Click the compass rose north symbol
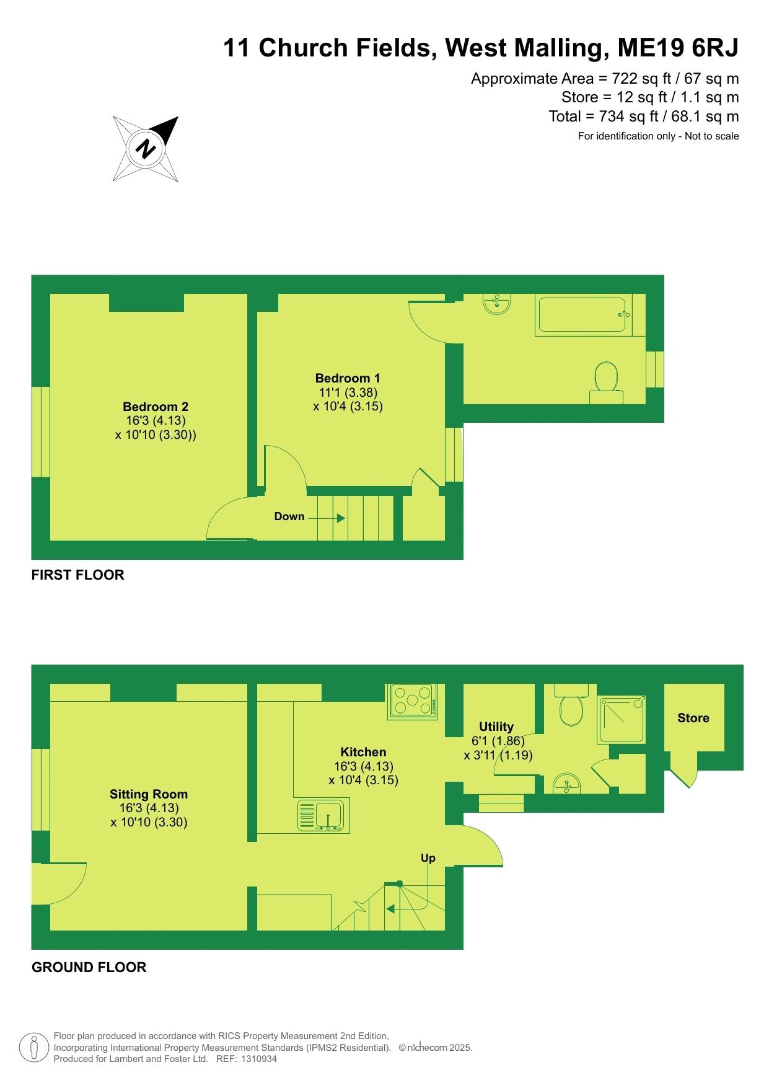click(146, 149)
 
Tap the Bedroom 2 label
click(156, 407)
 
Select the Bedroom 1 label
click(348, 378)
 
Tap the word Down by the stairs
click(289, 516)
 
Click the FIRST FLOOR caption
click(78, 575)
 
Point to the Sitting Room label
click(149, 794)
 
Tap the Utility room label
click(496, 727)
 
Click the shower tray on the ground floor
click(622, 720)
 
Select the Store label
click(693, 718)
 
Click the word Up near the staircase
click(428, 859)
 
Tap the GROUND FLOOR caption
click(89, 967)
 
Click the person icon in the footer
click(34, 1048)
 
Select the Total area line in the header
click(644, 116)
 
